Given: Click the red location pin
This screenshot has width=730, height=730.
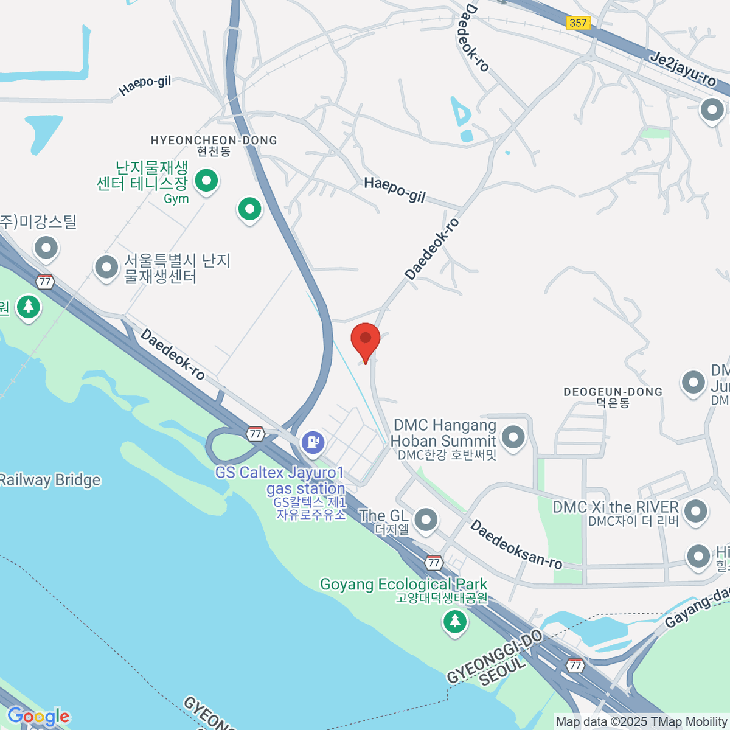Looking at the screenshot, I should click(x=366, y=339).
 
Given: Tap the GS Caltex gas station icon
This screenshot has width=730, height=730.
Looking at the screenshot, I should click(x=313, y=441).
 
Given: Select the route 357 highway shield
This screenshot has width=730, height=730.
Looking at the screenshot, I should click(x=577, y=23).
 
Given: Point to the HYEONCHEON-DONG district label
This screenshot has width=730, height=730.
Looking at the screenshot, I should click(x=214, y=141).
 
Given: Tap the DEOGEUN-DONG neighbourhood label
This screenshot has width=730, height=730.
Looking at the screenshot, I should click(x=613, y=392).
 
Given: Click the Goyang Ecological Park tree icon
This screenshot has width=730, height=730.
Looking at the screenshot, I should click(x=454, y=622).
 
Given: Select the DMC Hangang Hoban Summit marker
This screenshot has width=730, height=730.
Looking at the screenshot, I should click(x=513, y=437).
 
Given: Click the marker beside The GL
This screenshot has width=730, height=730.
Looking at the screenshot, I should click(x=425, y=520).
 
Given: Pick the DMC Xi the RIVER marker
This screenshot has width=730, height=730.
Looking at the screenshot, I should click(x=695, y=511).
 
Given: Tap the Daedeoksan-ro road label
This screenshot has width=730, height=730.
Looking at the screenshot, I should click(x=516, y=544).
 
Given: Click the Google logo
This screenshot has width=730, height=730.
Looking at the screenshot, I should click(x=38, y=716).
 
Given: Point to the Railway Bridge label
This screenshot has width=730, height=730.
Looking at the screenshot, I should click(x=50, y=480).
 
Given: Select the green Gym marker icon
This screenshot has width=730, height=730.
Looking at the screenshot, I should click(x=206, y=181).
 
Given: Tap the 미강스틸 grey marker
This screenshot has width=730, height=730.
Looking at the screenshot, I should click(x=46, y=248).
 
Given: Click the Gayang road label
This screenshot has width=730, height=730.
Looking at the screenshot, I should click(x=697, y=608).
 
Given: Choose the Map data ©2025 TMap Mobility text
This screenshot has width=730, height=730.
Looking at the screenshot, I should click(x=641, y=722).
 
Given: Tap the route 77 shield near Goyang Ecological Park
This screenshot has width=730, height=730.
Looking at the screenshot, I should click(x=433, y=563).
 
